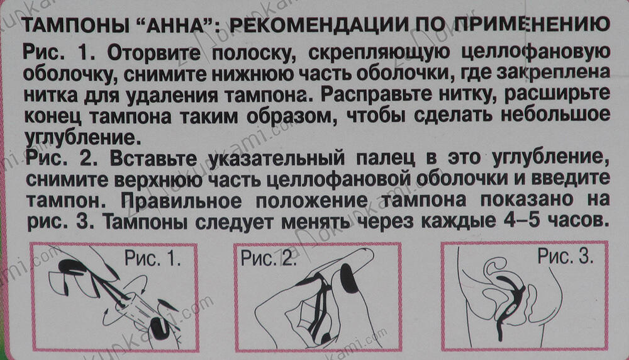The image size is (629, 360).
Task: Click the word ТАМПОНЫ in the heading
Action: tap(75, 25)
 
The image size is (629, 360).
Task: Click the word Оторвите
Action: tap(154, 53)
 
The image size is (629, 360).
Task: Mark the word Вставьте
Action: tap(153, 159)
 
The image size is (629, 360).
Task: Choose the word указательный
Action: tap(277, 159)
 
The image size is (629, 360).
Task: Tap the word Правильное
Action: tap(181, 201)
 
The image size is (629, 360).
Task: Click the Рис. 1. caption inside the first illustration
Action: tap(152, 259)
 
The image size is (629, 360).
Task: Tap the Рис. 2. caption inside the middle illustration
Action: tap(269, 259)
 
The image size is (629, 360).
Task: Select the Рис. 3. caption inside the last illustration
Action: tap(565, 256)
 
